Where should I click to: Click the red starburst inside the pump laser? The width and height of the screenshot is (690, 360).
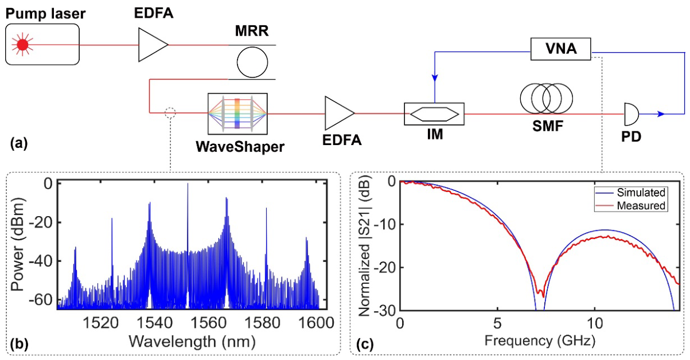click(22, 45)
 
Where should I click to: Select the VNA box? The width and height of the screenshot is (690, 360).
click(560, 49)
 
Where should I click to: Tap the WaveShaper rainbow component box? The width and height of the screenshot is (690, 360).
click(237, 114)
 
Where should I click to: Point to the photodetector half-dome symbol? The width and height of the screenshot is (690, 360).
click(631, 114)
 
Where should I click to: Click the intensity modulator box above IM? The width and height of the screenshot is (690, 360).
click(434, 114)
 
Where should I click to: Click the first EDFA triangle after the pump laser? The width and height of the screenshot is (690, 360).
click(153, 45)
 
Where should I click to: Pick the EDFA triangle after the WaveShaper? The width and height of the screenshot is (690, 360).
click(340, 113)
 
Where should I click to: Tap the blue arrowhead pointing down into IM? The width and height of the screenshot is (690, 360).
click(435, 78)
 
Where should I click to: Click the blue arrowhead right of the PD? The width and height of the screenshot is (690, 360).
click(661, 114)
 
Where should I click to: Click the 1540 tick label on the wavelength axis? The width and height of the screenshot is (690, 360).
click(155, 323)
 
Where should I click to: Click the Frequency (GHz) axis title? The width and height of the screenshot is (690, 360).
click(540, 341)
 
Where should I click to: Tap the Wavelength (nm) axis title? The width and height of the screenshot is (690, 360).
click(192, 342)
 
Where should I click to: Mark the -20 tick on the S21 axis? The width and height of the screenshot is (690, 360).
click(385, 267)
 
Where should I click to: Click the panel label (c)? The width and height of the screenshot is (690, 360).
click(364, 345)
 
